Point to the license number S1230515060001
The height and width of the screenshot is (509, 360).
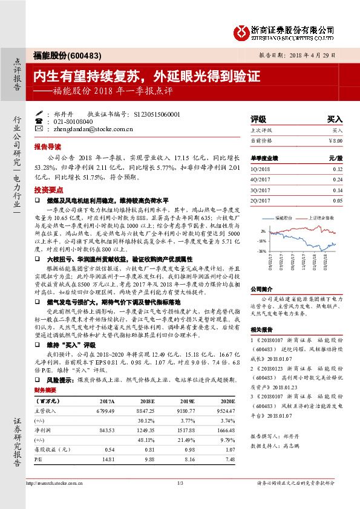(x=156, y=113)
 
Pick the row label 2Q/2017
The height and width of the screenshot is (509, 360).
(x=260, y=199)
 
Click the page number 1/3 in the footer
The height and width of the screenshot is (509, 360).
(x=180, y=499)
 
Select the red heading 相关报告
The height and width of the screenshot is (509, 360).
(x=261, y=329)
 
